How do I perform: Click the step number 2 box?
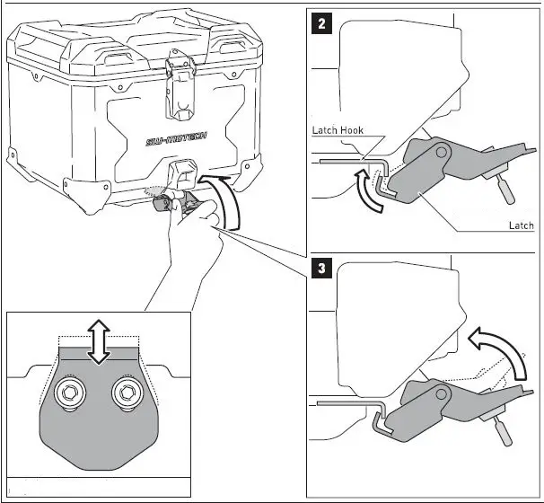(x=321, y=23)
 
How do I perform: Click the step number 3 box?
(x=321, y=268)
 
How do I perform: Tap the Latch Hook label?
(x=338, y=130)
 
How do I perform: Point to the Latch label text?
(x=521, y=225)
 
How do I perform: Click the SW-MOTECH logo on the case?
(x=176, y=138)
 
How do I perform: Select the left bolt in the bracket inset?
(x=70, y=393)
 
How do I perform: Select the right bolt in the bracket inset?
(x=127, y=393)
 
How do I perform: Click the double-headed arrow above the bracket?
(x=99, y=341)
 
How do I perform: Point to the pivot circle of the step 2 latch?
(x=442, y=152)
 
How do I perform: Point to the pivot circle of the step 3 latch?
(x=442, y=394)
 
